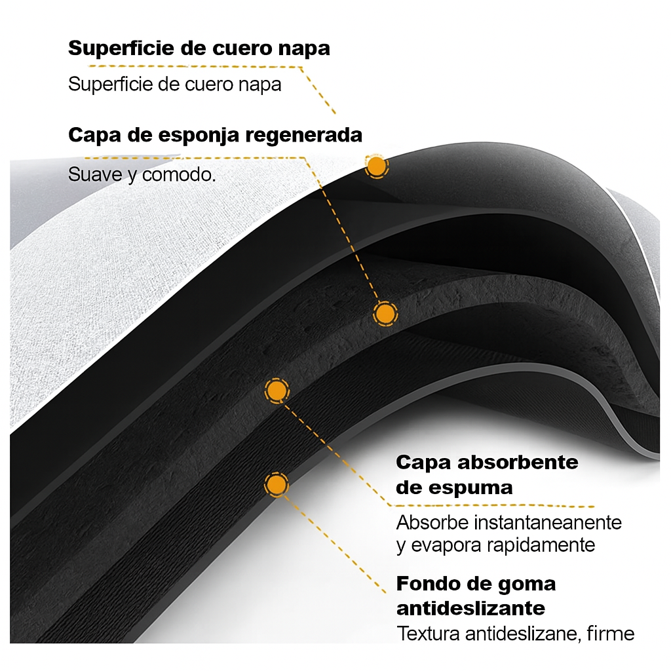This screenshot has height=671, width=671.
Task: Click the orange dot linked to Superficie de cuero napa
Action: point(376,166)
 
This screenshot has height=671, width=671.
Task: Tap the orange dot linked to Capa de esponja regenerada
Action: point(385,314)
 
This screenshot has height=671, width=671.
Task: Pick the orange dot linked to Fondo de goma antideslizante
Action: point(277,486)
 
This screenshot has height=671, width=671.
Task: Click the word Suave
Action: point(96,175)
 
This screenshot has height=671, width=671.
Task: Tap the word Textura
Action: point(429,634)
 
